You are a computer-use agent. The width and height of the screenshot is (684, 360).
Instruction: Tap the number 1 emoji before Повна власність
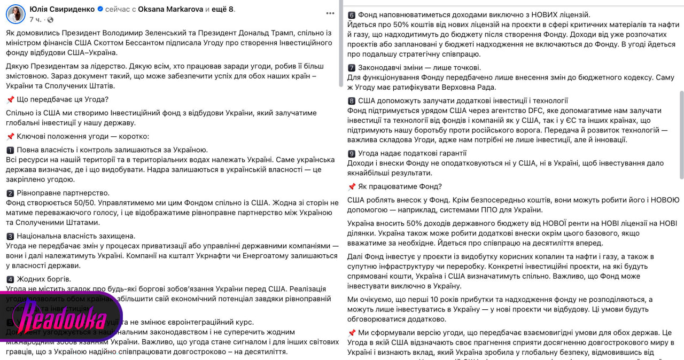coord(10,150)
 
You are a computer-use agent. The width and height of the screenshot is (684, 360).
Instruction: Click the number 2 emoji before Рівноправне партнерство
coord(10,193)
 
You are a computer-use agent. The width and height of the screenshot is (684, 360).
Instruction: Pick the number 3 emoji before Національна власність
coord(10,236)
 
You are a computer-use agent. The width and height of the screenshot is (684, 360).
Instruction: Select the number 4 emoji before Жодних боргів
coord(10,279)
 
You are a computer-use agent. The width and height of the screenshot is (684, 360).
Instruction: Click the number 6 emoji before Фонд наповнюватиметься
coord(352,15)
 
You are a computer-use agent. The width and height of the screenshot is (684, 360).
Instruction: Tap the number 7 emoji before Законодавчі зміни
coord(352,68)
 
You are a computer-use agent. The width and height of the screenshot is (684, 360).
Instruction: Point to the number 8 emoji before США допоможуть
coord(352,101)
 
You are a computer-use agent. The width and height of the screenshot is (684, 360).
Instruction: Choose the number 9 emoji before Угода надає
coord(352,154)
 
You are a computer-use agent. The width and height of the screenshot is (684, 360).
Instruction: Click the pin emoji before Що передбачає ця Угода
coord(10,99)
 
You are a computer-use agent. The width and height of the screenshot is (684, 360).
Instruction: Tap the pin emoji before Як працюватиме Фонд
coord(352,187)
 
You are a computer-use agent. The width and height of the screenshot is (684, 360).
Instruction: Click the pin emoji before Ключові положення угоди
coord(10,136)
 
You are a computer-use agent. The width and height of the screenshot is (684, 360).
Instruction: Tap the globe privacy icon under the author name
coord(50,20)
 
